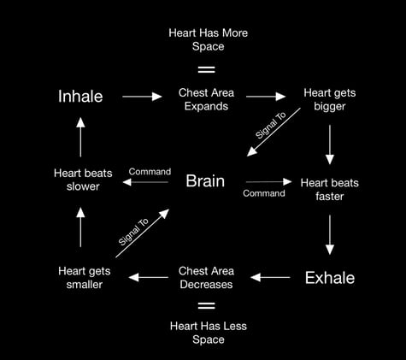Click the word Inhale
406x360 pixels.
[80, 97]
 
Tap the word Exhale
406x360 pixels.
[329, 278]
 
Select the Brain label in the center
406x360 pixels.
[205, 181]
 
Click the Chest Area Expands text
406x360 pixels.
[203, 98]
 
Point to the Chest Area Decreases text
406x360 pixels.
[206, 278]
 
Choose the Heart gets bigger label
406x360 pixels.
[329, 98]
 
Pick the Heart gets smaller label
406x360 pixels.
[80, 278]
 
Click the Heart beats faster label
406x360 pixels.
[329, 188]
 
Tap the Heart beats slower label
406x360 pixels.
[80, 180]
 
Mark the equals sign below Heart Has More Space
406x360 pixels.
[206, 68]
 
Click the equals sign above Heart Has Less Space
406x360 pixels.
[206, 305]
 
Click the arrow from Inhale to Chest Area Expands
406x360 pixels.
[142, 97]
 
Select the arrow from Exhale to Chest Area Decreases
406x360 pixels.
[271, 277]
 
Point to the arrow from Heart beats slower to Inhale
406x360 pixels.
[80, 136]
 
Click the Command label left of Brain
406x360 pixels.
[150, 172]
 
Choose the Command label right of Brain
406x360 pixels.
[264, 193]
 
